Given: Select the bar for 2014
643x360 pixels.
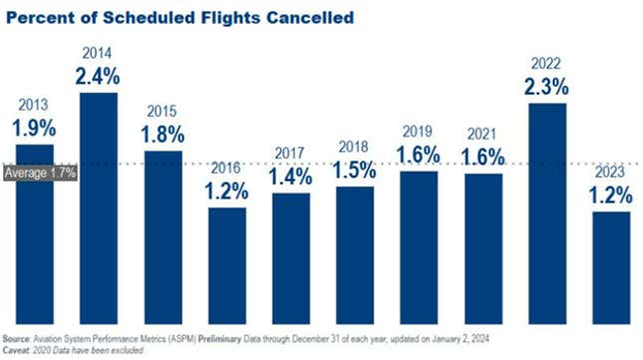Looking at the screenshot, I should click(99, 209).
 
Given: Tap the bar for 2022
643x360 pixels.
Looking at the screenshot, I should click(546, 214).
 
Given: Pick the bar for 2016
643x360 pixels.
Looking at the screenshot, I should click(227, 267).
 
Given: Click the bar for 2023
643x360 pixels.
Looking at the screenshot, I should click(610, 267).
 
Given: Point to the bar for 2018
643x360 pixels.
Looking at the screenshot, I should click(355, 256).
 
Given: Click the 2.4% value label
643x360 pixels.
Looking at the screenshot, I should click(99, 76).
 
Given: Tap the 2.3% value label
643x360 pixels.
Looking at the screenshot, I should click(546, 87).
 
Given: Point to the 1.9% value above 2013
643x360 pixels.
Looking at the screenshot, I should click(35, 128).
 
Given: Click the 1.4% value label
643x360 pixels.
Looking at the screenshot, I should click(291, 178).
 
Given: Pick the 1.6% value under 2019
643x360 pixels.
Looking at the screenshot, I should click(419, 155).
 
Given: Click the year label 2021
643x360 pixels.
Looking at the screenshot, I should click(482, 134).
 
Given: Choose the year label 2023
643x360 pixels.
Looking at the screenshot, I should click(610, 173).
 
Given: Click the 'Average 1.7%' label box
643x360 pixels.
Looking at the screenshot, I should click(40, 173).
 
